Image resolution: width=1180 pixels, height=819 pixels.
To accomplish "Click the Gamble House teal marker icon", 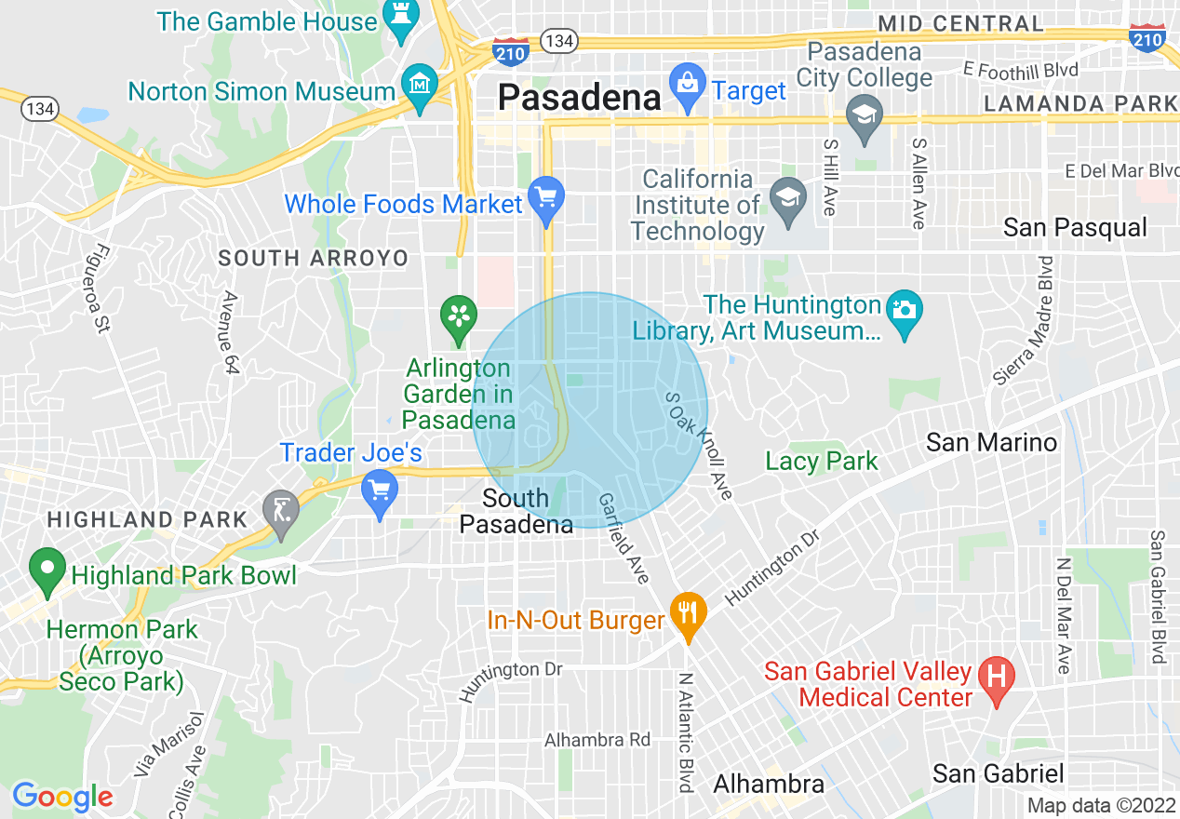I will click(x=402, y=23).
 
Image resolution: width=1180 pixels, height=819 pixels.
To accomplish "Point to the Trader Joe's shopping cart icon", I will click(x=379, y=490).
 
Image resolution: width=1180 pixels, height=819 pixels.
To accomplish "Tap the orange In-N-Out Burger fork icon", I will click(x=688, y=615).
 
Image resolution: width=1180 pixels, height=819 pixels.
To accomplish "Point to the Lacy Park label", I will click(x=822, y=461).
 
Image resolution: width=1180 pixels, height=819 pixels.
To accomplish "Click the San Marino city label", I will click(x=991, y=442).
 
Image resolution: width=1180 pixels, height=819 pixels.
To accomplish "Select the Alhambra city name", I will click(x=768, y=785).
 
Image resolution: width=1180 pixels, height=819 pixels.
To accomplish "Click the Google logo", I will click(x=62, y=797).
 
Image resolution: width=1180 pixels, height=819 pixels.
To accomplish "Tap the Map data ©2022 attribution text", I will click(x=1101, y=806).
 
